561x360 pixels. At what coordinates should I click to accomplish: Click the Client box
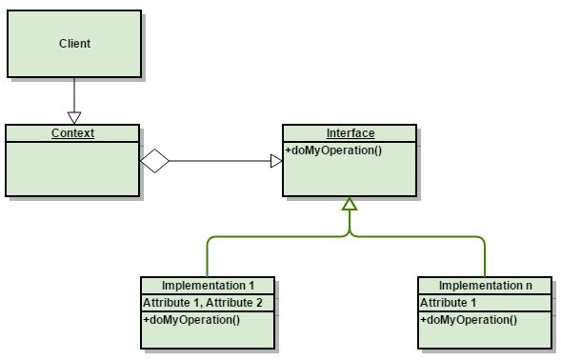[74, 44]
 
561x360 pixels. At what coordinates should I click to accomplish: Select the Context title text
[72, 133]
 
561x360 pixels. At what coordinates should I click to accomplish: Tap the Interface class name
[350, 133]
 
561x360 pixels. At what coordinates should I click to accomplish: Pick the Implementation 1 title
[208, 286]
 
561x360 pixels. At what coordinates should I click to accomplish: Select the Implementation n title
[485, 286]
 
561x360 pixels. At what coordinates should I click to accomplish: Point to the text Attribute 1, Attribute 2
[202, 302]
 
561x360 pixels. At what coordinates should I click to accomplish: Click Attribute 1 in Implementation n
[449, 302]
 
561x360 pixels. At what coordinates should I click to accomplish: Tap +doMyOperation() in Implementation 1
[191, 319]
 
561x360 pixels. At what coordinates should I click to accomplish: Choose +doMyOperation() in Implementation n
[469, 319]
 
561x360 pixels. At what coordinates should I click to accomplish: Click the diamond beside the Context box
[155, 161]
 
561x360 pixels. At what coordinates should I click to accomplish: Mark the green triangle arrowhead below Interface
[350, 204]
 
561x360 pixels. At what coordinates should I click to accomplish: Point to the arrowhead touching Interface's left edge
[276, 161]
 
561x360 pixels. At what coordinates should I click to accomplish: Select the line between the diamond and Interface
[219, 161]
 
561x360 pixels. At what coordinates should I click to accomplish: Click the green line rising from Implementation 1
[208, 257]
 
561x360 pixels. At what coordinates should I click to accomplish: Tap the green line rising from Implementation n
[485, 257]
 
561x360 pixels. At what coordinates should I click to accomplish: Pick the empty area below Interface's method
[350, 177]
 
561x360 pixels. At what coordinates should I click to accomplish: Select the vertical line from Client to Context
[73, 93]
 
